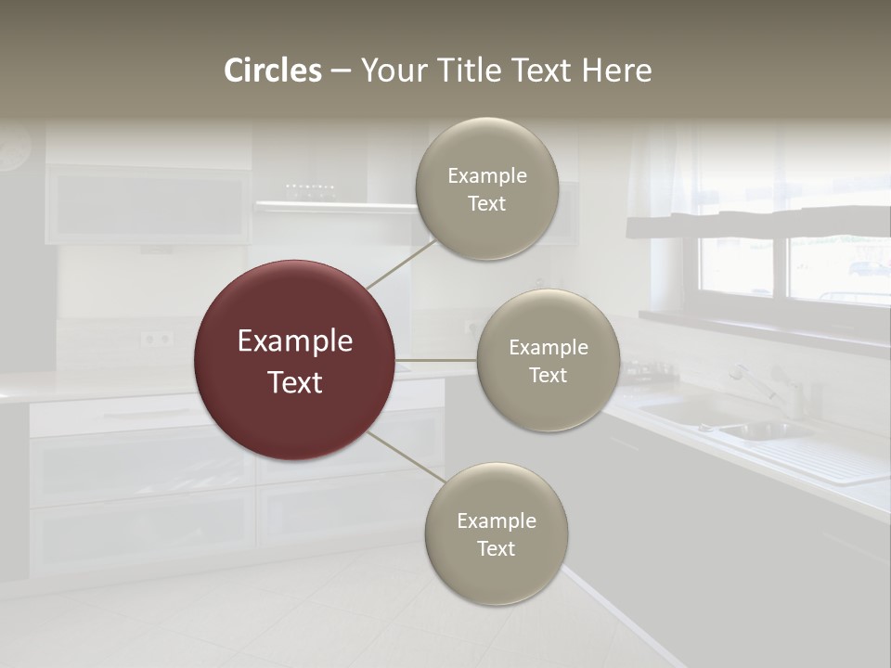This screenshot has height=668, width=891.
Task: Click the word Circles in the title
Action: (x=273, y=71)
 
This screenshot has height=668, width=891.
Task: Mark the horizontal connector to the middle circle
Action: (x=435, y=360)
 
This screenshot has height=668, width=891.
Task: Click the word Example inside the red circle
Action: (x=295, y=341)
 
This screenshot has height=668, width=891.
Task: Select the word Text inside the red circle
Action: (x=295, y=382)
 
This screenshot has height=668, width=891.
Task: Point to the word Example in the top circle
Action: (x=487, y=176)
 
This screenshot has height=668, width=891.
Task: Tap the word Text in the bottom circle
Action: (x=497, y=549)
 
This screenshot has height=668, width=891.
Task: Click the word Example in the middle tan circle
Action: (x=549, y=348)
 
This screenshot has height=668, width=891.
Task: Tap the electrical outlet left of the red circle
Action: (x=157, y=339)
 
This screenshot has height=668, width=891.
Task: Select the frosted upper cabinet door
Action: (x=148, y=207)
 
